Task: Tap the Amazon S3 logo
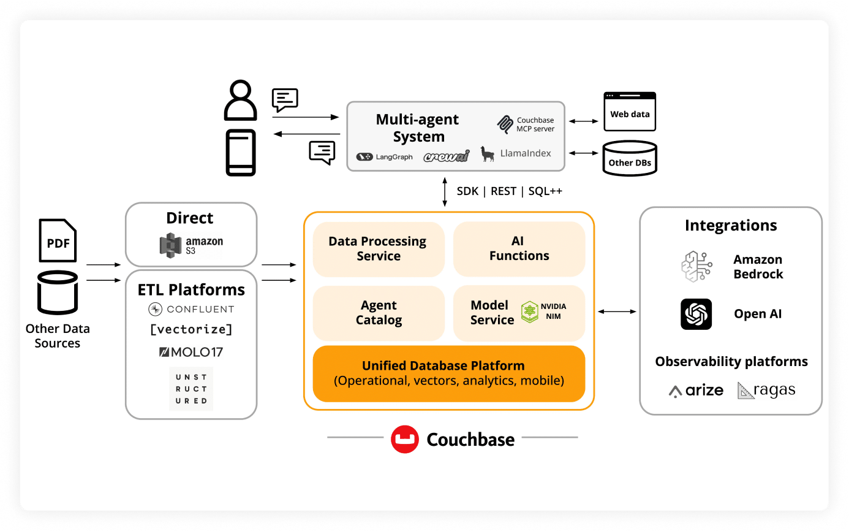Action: pyautogui.click(x=191, y=245)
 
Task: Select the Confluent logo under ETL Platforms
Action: pyautogui.click(x=191, y=309)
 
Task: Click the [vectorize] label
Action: pyautogui.click(x=191, y=329)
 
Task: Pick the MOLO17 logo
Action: pyautogui.click(x=191, y=352)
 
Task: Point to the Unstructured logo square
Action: pyautogui.click(x=191, y=389)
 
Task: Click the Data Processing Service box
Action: pyautogui.click(x=378, y=249)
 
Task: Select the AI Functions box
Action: pyautogui.click(x=519, y=249)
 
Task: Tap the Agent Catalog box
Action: pyautogui.click(x=378, y=313)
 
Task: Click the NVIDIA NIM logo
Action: pyautogui.click(x=543, y=311)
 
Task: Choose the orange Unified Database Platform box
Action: pyautogui.click(x=448, y=373)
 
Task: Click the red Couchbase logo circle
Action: pyautogui.click(x=404, y=439)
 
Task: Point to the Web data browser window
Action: pyautogui.click(x=630, y=112)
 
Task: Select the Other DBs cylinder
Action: pyautogui.click(x=630, y=159)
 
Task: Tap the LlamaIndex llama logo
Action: pyautogui.click(x=488, y=154)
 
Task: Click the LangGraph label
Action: pyautogui.click(x=385, y=157)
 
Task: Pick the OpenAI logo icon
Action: pyautogui.click(x=696, y=314)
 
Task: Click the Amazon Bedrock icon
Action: pyautogui.click(x=696, y=267)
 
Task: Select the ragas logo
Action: pyautogui.click(x=766, y=390)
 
